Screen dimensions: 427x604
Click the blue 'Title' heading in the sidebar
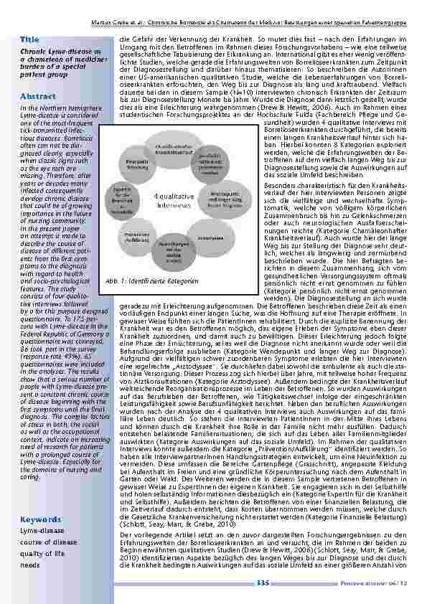point(30,39)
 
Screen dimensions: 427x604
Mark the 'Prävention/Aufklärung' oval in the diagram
point(136,236)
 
